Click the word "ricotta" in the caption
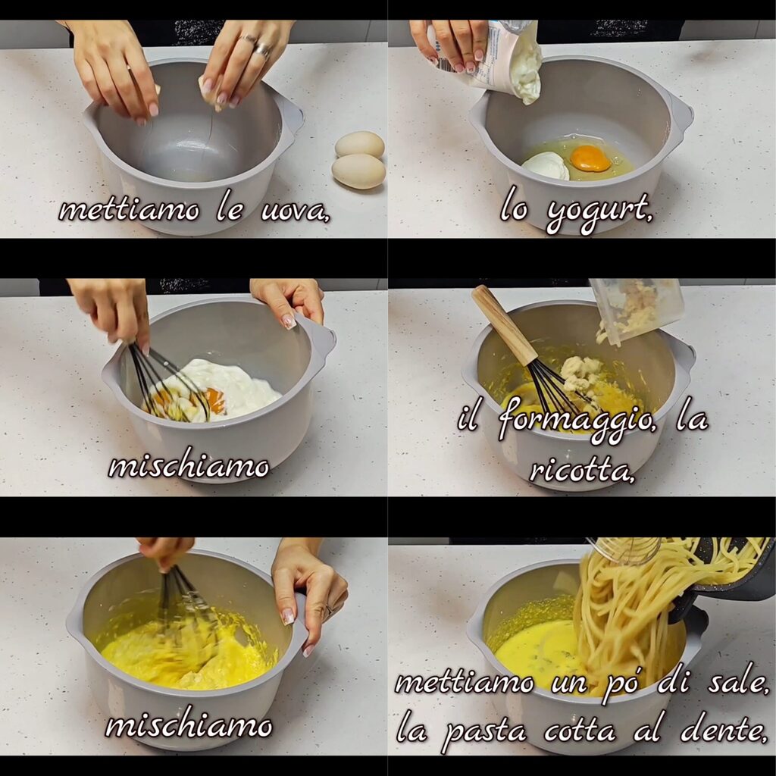click(x=581, y=471)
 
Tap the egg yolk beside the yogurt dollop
click(x=590, y=158)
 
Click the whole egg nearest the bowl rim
click(x=359, y=144)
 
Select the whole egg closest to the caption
click(x=358, y=171)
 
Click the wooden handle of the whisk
click(x=504, y=325)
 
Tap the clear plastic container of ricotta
click(x=637, y=309)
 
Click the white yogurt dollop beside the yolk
click(x=546, y=165)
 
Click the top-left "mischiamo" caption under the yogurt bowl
click(x=189, y=466)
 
